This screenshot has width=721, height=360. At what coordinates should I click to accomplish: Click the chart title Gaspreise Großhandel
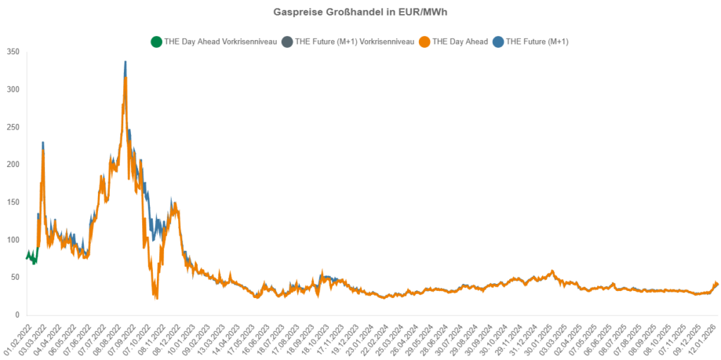(x=360, y=13)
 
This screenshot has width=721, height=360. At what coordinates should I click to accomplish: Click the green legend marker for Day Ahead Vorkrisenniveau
(x=156, y=42)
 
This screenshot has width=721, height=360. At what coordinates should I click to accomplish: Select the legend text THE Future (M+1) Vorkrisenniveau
(x=354, y=42)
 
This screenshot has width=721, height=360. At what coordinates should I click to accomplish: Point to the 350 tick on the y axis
(x=13, y=51)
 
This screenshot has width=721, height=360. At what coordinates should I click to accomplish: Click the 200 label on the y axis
(x=13, y=164)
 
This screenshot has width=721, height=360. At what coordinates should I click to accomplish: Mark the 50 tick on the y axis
(x=15, y=277)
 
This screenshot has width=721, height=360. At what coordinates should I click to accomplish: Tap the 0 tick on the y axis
(x=17, y=315)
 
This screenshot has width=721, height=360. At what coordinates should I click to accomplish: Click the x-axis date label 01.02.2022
(x=15, y=337)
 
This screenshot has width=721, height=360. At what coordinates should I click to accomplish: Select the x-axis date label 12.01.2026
(x=704, y=337)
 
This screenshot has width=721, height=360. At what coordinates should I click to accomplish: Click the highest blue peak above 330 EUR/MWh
(x=125, y=62)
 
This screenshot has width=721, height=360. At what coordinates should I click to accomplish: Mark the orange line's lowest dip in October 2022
(x=156, y=297)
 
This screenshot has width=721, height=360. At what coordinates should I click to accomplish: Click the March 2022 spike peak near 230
(x=43, y=143)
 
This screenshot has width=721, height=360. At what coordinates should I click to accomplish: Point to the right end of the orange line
(x=717, y=284)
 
